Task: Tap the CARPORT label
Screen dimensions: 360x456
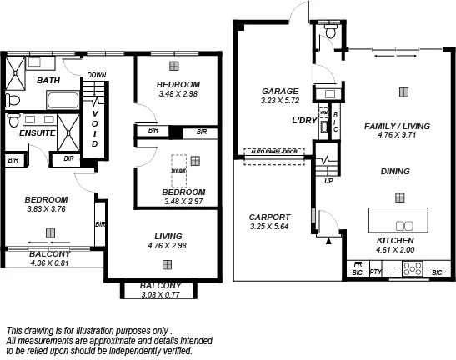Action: [x=270, y=217]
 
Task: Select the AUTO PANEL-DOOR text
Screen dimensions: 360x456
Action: [x=274, y=152]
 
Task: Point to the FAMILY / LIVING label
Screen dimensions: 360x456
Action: [x=397, y=126]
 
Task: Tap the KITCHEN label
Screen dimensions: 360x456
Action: [x=396, y=240]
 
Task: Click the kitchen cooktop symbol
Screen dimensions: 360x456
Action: [x=412, y=267]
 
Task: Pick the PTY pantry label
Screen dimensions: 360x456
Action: [x=375, y=272]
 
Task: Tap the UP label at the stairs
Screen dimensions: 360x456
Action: [x=328, y=180]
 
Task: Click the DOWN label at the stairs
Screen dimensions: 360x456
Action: [x=96, y=74]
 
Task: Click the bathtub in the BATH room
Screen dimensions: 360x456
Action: [x=60, y=102]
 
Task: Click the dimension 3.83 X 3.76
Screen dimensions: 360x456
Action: [x=45, y=209]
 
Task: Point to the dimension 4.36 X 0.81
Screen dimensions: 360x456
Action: [x=50, y=263]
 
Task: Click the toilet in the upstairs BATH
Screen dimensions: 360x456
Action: [x=13, y=100]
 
